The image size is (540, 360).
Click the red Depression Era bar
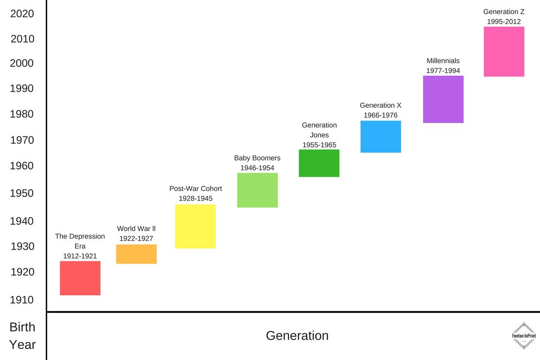point(80,278)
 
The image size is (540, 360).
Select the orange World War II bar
point(136,254)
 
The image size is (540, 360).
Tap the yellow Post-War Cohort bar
point(195,226)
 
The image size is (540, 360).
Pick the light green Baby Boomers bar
point(257,190)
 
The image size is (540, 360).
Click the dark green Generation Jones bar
point(319,163)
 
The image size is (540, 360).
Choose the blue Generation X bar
point(381,136)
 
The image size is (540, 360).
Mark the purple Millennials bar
point(443,99)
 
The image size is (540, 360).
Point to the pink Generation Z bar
point(504,51)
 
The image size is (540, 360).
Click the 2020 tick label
point(22,14)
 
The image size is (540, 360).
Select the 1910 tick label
point(22,300)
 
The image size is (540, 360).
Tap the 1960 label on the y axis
point(22,166)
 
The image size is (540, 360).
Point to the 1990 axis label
point(22,88)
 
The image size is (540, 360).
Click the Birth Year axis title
point(22,336)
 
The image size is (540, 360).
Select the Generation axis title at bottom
point(297,336)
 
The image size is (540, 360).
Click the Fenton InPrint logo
point(524,336)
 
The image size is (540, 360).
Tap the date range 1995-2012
point(504,21)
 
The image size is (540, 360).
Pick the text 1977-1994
point(443,71)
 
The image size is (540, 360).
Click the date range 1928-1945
point(195,198)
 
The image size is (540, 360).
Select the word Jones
point(319,135)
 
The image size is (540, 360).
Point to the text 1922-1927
point(136,238)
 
